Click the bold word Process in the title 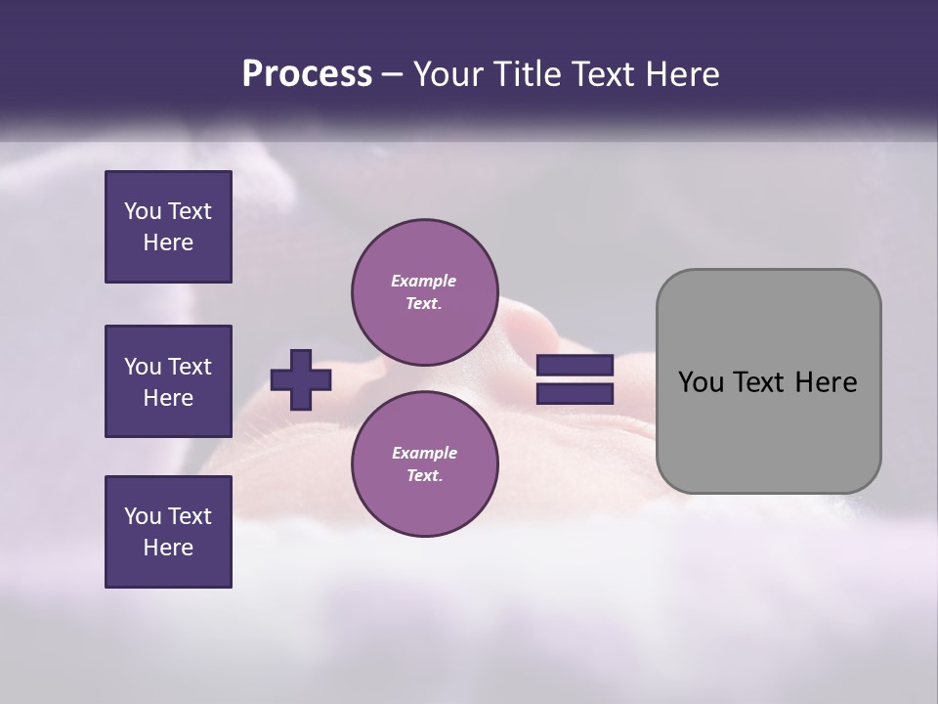307,74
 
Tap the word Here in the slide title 683,74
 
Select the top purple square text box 168,227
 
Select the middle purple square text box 168,381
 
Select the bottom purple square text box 168,532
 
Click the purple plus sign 301,379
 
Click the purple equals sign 575,379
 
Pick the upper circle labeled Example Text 424,292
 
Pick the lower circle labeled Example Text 424,464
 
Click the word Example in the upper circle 424,281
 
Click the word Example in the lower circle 424,453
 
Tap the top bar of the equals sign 575,366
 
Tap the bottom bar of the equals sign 575,394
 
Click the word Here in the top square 168,242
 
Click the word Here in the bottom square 168,548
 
